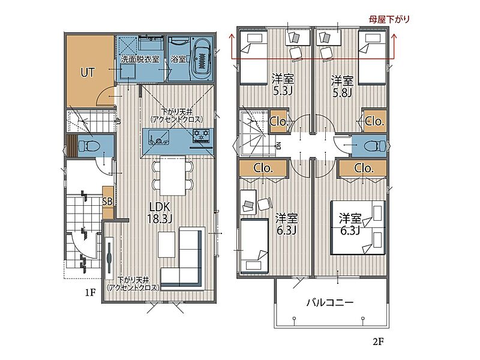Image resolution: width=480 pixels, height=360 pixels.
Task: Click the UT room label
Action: pyautogui.click(x=88, y=73)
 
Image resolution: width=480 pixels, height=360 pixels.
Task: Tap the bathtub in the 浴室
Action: pyautogui.click(x=202, y=59)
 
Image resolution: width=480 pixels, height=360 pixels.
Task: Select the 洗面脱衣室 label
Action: pyautogui.click(x=140, y=59)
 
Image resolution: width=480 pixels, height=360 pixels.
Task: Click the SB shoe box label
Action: pyautogui.click(x=107, y=201)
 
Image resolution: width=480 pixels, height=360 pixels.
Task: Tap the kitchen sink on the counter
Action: pyautogui.click(x=158, y=137)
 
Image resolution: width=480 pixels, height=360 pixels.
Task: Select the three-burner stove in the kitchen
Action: pyautogui.click(x=201, y=136)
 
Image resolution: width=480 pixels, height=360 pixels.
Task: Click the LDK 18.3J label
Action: pyautogui.click(x=160, y=213)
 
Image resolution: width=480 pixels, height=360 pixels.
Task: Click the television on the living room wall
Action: pyautogui.click(x=109, y=258)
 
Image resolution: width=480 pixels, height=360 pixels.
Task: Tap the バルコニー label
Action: pyautogui.click(x=331, y=302)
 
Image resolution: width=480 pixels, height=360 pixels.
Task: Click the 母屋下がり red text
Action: pyautogui.click(x=389, y=20)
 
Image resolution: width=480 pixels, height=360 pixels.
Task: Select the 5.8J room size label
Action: pyautogui.click(x=342, y=92)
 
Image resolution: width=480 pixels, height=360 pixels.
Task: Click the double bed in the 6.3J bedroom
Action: pyautogui.click(x=358, y=227)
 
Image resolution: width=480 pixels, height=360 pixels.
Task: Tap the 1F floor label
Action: pyautogui.click(x=91, y=293)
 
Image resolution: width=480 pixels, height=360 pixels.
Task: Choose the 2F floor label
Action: pyautogui.click(x=378, y=341)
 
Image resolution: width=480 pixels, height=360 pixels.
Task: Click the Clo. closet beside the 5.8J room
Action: pyautogui.click(x=374, y=121)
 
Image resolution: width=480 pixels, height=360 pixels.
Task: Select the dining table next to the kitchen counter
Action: pyautogui.click(x=173, y=175)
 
